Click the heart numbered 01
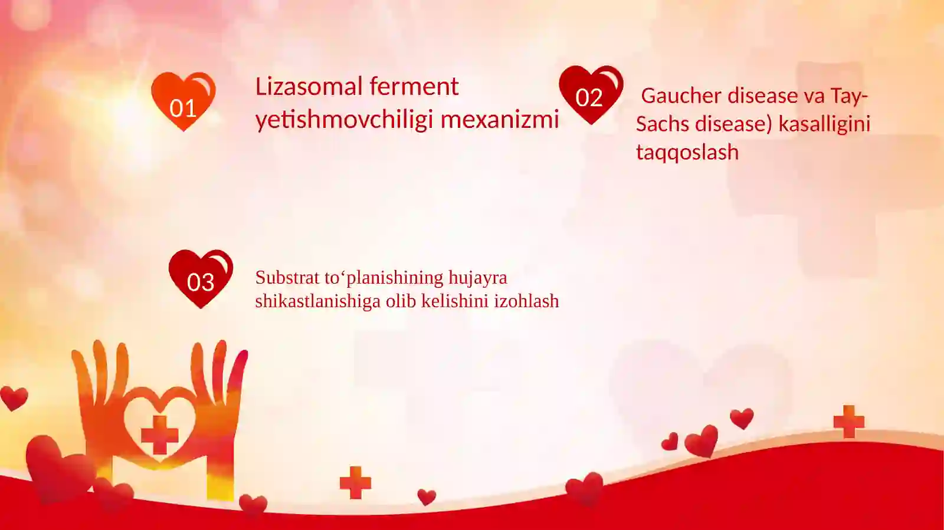click(183, 101)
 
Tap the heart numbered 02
click(591, 95)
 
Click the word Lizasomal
click(309, 87)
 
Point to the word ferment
click(414, 87)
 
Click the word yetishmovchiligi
click(345, 120)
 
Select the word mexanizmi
click(500, 120)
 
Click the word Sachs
click(662, 124)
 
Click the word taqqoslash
click(687, 153)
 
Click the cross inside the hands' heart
click(160, 435)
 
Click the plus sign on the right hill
click(849, 422)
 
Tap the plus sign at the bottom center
click(355, 482)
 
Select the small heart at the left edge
click(14, 398)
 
